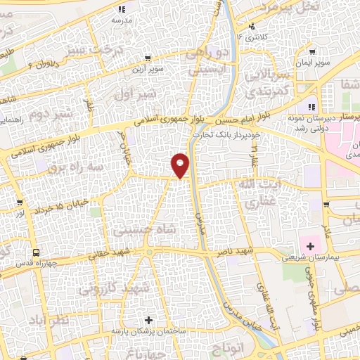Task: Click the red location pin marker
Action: click(180, 165)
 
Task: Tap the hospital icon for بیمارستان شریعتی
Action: click(310, 246)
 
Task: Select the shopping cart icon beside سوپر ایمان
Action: click(311, 52)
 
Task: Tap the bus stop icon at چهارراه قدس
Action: click(34, 253)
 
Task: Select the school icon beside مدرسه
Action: click(122, 10)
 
